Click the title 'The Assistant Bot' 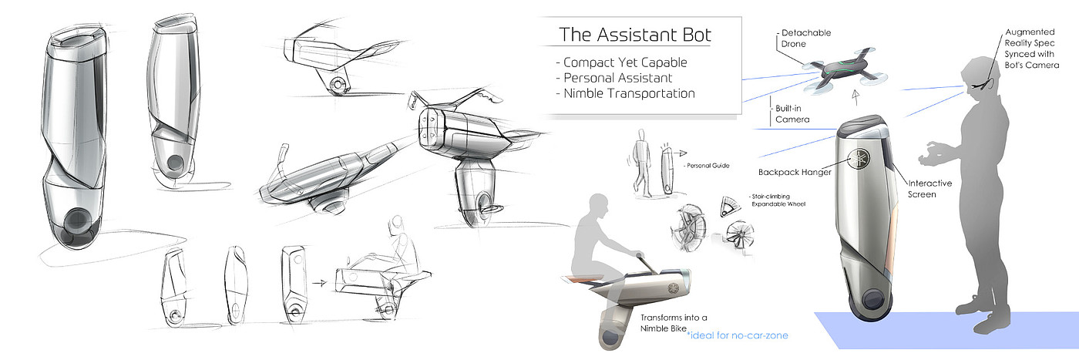pyautogui.click(x=635, y=35)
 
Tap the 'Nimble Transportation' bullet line pyautogui.click(x=629, y=93)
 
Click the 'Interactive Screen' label pyautogui.click(x=929, y=189)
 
